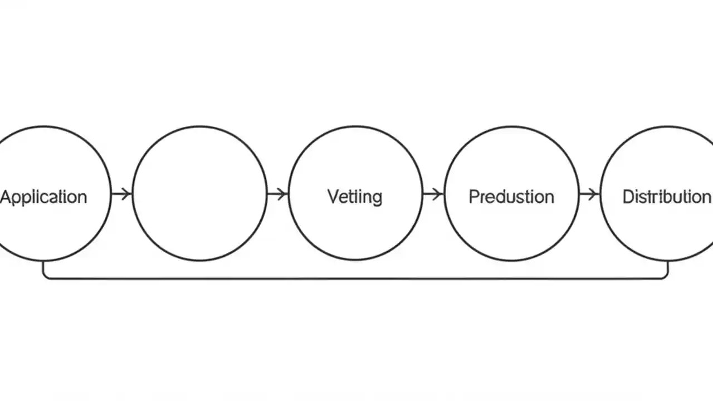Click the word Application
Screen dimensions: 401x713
coord(43,197)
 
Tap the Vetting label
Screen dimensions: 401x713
coord(355,197)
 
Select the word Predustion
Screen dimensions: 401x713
coord(511,197)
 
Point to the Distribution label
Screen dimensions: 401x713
coord(666,197)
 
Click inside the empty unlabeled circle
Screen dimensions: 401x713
coord(199,193)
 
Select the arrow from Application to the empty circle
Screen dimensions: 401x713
coord(121,194)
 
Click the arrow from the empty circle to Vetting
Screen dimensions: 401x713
coord(277,194)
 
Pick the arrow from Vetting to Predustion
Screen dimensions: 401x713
coord(433,194)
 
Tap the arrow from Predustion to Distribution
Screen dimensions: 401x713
coord(589,194)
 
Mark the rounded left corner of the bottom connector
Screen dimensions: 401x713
coord(46,276)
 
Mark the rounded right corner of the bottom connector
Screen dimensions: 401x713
coord(665,276)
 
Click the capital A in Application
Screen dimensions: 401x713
coord(6,197)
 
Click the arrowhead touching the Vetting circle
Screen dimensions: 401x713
coord(284,194)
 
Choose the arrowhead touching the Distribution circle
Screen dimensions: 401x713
coord(596,194)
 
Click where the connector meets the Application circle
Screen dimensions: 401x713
coord(43,262)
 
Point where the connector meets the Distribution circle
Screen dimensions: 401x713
coord(667,262)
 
